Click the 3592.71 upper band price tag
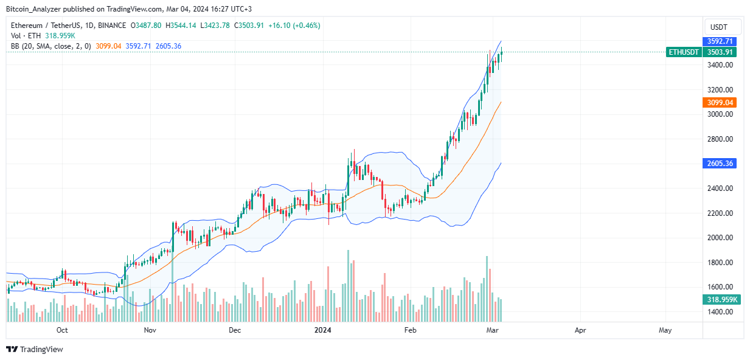pos(720,41)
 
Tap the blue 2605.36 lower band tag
pos(720,164)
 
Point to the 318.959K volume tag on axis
pos(720,299)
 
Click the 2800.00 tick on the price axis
pos(720,139)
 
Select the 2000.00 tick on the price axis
pos(720,238)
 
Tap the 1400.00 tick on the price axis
pos(720,312)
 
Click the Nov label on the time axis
pos(150,330)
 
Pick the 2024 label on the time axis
pos(323,330)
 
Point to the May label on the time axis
pos(665,330)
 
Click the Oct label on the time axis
pos(61,330)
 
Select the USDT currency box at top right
pos(723,27)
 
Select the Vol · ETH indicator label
pos(26,36)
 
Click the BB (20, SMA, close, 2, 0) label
pos(51,46)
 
